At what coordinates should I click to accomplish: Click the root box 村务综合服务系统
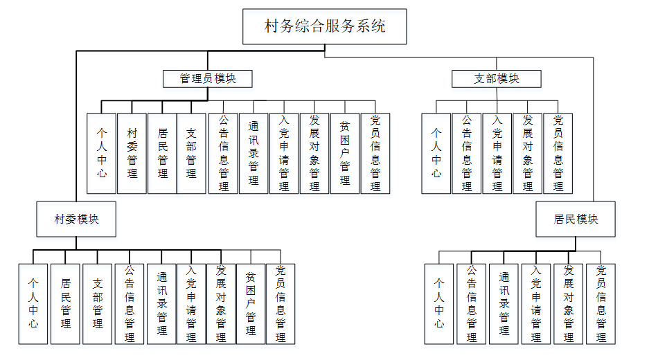[325, 27]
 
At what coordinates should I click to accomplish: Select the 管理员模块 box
[208, 79]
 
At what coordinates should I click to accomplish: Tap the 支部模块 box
[496, 79]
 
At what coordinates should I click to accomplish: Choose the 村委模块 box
[76, 219]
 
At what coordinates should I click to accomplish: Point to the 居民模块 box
[576, 219]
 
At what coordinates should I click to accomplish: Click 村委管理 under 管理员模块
[132, 153]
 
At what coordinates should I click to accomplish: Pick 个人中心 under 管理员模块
[102, 153]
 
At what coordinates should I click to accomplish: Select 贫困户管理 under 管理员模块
[345, 153]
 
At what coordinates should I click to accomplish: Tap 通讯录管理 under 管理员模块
[254, 153]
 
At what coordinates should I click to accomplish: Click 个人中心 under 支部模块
[436, 153]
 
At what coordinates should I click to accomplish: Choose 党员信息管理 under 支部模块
[558, 153]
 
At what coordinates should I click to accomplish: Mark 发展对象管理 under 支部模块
[528, 153]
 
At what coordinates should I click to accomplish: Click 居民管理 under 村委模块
[66, 303]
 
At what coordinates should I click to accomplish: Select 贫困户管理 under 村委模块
[251, 303]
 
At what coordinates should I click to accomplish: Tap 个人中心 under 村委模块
[33, 303]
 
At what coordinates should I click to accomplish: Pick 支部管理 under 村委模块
[98, 303]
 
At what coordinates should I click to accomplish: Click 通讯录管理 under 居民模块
[504, 303]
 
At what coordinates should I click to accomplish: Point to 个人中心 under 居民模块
[439, 303]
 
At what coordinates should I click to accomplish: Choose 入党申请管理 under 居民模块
[536, 303]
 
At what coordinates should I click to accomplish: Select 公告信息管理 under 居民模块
[472, 303]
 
